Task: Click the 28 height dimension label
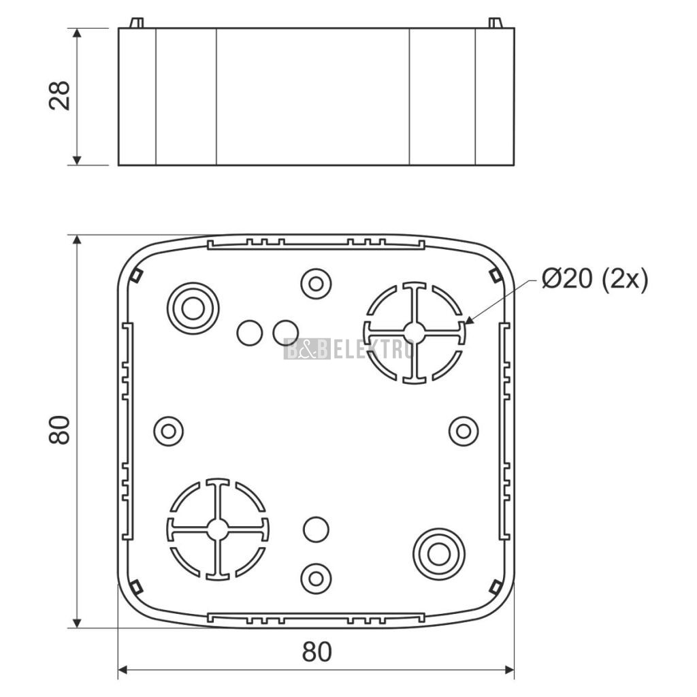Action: click(60, 95)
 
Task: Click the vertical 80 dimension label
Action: click(60, 430)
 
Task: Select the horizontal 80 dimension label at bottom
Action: click(317, 651)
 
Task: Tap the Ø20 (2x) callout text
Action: click(595, 280)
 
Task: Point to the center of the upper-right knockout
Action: click(415, 332)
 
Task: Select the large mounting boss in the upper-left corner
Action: click(193, 308)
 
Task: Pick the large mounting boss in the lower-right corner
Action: click(439, 554)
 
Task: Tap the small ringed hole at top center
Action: click(316, 283)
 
